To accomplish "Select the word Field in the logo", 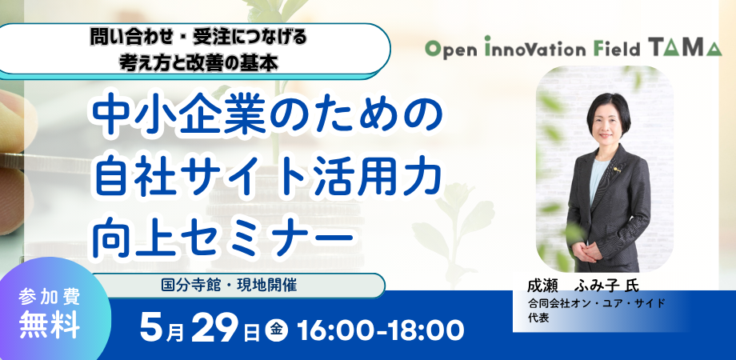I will pyautogui.click(x=622, y=49).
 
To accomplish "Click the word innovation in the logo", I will pyautogui.click(x=538, y=49).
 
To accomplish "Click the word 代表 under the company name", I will pyautogui.click(x=538, y=317).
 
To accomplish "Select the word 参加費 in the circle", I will pyautogui.click(x=50, y=298).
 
